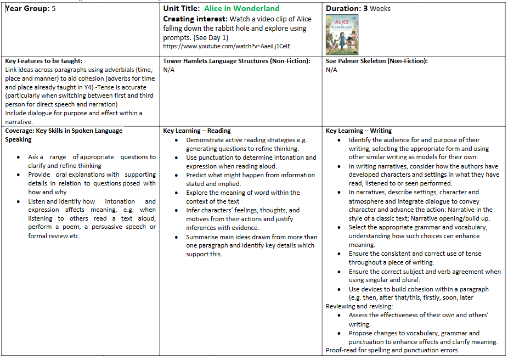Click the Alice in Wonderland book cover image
tap(342, 35)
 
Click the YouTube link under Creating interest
tap(227, 47)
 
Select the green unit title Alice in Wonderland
tap(241, 8)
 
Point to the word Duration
tap(343, 9)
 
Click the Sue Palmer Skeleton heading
tap(376, 61)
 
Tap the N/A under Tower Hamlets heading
tap(169, 70)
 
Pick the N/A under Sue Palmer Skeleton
tap(331, 70)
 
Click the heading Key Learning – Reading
tap(196, 131)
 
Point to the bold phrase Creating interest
tap(194, 19)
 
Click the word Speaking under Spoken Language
tap(18, 139)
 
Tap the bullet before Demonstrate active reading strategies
tap(176, 140)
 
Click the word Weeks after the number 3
tap(380, 9)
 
